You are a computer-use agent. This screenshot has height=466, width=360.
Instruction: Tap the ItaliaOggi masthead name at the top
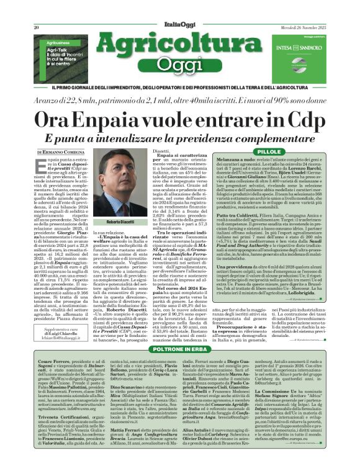(x=181, y=11)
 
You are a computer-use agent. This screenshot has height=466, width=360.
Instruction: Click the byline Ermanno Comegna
(x=59, y=152)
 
